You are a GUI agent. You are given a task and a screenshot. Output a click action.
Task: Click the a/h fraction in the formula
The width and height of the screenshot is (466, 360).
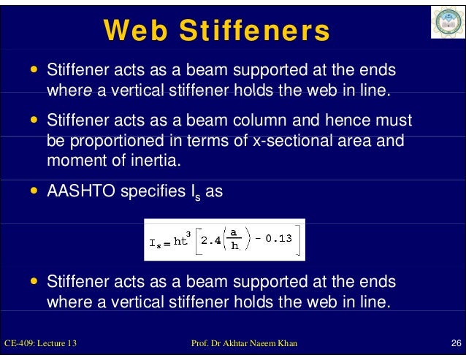[x=234, y=240]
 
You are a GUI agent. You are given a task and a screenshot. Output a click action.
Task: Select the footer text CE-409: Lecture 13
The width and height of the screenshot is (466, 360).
[x=41, y=343]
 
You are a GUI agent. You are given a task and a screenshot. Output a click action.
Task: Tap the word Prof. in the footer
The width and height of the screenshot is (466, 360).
[x=199, y=343]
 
